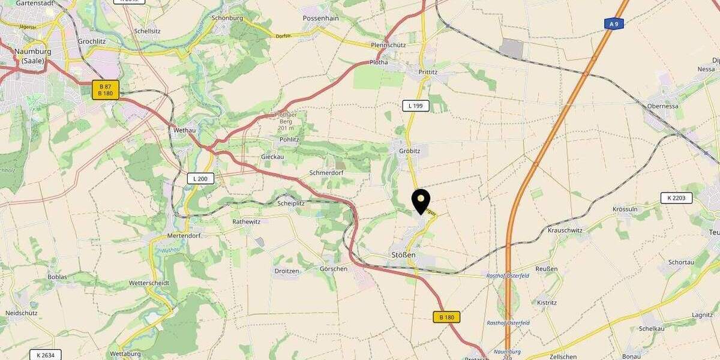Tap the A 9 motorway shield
point(613,24)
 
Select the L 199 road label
point(416,106)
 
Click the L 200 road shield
point(200,178)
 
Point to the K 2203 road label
point(676,198)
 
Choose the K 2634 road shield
point(46,355)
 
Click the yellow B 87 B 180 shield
point(106,90)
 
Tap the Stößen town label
point(403,255)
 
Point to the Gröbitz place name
point(410,151)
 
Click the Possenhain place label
point(322,19)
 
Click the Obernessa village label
point(662,106)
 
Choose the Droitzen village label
point(287,271)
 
